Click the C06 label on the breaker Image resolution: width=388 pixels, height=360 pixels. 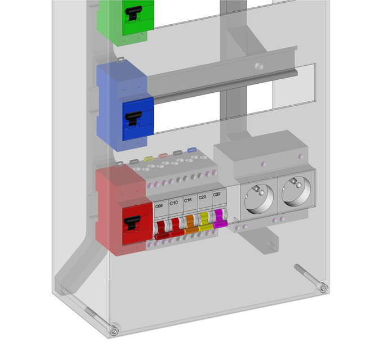point(159,206)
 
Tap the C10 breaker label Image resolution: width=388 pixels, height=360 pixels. point(174,202)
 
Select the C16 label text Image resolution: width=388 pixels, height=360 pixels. point(188,200)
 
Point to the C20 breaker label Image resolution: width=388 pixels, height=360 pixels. point(202,197)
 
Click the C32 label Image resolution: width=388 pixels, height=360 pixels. point(216,195)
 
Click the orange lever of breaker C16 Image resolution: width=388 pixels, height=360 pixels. point(190,226)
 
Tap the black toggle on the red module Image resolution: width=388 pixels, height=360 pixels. point(132,223)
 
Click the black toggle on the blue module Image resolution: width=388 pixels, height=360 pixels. point(133,118)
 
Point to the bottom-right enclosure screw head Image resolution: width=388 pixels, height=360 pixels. point(323,289)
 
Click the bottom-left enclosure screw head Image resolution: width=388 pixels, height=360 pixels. point(114,331)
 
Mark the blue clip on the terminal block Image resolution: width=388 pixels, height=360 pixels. point(191,151)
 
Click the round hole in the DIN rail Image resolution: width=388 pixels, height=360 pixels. point(258,67)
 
